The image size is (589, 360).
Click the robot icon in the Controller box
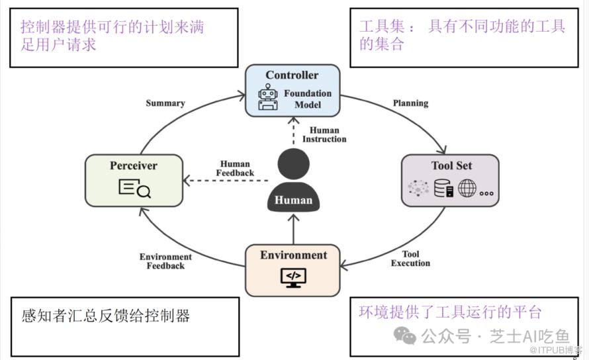tap(268, 97)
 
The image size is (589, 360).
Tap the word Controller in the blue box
tap(292, 75)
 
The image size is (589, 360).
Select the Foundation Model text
tap(308, 99)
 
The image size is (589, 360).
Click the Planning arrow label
tap(410, 103)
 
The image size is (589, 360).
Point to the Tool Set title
tap(451, 165)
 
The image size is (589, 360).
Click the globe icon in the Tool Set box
tap(467, 189)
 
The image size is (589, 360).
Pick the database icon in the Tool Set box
tap(443, 189)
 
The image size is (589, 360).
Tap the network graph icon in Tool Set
tap(418, 189)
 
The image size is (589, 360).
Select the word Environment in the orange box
tap(293, 255)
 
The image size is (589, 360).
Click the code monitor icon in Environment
tap(293, 276)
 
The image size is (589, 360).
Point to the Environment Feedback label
tap(165, 261)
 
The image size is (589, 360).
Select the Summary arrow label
tap(165, 103)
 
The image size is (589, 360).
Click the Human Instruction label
tap(324, 135)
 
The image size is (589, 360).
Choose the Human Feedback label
tap(235, 169)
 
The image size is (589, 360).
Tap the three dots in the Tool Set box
tap(487, 193)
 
